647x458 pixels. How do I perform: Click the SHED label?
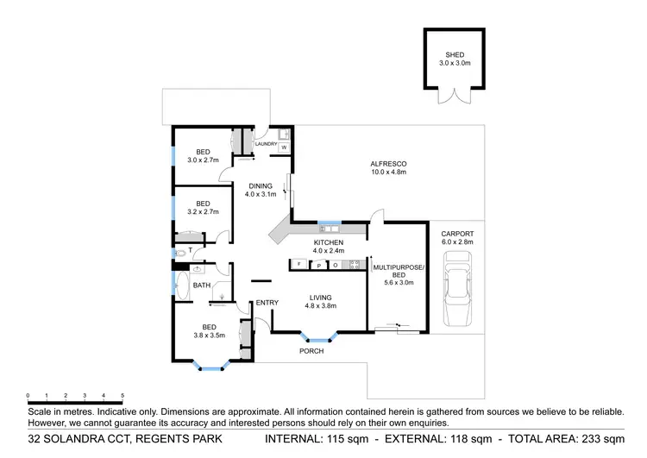coord(454,54)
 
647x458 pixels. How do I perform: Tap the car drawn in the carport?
coord(456,296)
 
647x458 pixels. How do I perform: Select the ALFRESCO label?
coord(388,163)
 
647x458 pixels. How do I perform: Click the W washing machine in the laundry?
coord(283,147)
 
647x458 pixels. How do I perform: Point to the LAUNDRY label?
coord(267,144)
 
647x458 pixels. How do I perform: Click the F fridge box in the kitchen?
coord(298,264)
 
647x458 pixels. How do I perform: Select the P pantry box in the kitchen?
coord(318,265)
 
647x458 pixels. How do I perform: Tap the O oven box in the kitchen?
coord(335,265)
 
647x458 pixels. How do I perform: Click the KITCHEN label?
coord(329,243)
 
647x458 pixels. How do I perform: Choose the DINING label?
coord(261,186)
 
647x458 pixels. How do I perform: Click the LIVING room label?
coord(322,296)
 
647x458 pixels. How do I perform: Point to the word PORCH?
coord(311,352)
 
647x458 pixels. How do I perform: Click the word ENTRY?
coord(267,302)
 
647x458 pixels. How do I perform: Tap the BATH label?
coord(202,285)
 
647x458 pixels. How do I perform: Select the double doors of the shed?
coord(455,97)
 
